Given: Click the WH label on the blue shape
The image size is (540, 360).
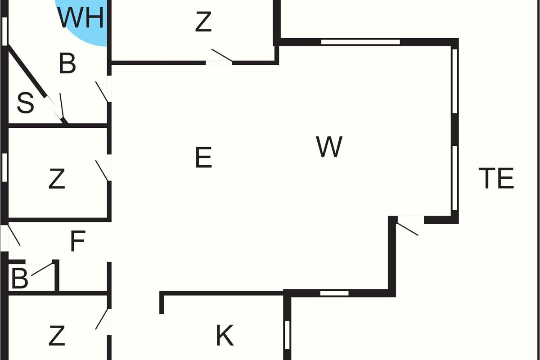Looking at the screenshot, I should point(81,18).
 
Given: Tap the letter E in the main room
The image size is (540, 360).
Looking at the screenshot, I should point(203,157).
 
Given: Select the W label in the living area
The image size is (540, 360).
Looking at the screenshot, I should point(329,147).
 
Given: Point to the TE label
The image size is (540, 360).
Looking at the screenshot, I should point(496,178).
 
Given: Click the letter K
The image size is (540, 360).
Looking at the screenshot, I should point(225,335).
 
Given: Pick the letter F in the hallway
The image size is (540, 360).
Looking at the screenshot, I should point(78,242).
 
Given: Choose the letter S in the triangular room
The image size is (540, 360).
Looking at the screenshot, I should point(25,103).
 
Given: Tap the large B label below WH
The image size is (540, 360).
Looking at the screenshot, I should point(67,64).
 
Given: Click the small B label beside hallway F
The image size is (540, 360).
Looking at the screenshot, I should point(19,279).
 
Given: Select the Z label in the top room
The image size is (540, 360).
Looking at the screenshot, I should point(203,22).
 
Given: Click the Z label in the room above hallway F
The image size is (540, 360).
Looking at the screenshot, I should point(57,179).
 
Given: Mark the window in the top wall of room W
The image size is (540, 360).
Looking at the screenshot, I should point(360,42).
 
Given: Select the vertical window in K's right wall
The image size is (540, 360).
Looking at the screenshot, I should point(288,334).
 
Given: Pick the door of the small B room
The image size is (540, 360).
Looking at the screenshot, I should point(41,269).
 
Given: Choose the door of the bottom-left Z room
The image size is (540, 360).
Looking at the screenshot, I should point(103,319).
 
